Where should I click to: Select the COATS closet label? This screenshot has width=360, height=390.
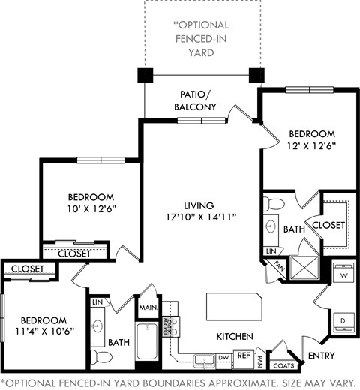[283, 365]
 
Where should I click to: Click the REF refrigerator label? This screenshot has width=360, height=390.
[244, 356]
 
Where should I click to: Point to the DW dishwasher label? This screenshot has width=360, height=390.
[223, 358]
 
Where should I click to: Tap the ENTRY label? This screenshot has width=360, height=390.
[319, 355]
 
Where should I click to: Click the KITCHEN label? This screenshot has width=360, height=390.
[234, 336]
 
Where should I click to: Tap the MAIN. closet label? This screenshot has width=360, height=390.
[145, 307]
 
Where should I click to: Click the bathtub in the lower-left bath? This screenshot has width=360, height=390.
[145, 341]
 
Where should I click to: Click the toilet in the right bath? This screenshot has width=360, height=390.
[275, 203]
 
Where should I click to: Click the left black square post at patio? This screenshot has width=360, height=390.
[145, 76]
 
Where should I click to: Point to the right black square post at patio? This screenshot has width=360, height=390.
[257, 76]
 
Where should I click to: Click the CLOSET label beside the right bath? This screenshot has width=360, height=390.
[328, 224]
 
